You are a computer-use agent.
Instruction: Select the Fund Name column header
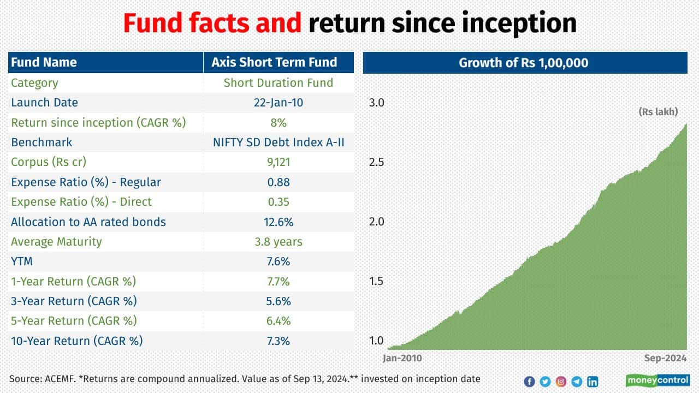[x=44, y=62]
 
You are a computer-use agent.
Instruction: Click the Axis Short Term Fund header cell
[x=279, y=62]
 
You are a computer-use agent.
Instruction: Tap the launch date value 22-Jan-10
[x=279, y=103]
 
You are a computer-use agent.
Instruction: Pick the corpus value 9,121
[x=279, y=162]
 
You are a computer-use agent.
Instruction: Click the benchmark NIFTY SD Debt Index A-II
[x=279, y=142]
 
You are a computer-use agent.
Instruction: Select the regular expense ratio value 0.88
[x=279, y=182]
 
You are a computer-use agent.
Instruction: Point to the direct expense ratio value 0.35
[x=279, y=202]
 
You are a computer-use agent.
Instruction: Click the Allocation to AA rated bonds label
[x=88, y=222]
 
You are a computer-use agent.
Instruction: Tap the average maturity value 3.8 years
[x=279, y=242]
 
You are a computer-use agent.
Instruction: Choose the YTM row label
[x=22, y=261]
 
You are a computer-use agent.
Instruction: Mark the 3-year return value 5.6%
[x=279, y=301]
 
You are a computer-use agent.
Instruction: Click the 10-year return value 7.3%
[x=279, y=341]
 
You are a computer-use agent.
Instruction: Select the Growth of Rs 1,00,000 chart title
[x=524, y=63]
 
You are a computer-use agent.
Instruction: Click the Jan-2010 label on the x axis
[x=402, y=359]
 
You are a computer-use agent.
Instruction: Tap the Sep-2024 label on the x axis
[x=664, y=359]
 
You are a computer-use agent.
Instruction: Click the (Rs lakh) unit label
[x=658, y=112]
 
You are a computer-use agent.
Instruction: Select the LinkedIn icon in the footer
[x=593, y=382]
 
